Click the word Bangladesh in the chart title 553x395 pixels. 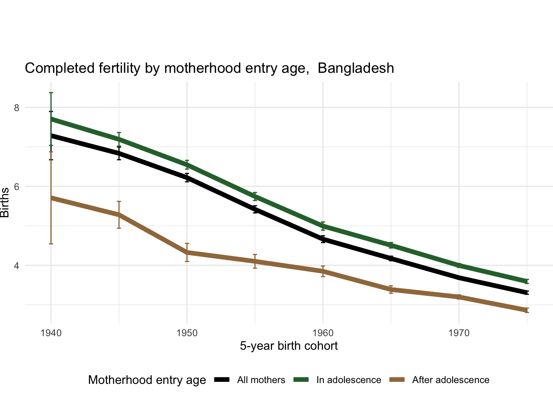coord(356,68)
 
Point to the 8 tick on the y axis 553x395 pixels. coord(17,108)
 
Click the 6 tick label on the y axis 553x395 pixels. coord(17,186)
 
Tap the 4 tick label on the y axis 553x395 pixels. coord(17,265)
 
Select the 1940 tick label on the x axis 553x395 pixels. coord(51,332)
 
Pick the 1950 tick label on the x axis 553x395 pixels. coord(187,332)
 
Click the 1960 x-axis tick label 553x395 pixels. coord(323,332)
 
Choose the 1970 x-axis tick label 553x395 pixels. coord(459,332)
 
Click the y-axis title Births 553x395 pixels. coord(5,202)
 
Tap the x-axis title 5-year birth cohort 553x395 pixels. coord(289,346)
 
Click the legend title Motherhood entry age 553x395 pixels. coord(147,380)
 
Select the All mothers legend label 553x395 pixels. coord(261,380)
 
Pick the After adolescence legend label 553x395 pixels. coord(451,380)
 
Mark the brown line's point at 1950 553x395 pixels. coord(187,252)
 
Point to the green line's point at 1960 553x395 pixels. coord(323,225)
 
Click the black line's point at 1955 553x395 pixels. coord(255,209)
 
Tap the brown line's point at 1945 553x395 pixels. coord(119,214)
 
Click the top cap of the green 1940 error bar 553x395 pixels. coord(51,93)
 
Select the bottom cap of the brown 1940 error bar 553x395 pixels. coord(51,244)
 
